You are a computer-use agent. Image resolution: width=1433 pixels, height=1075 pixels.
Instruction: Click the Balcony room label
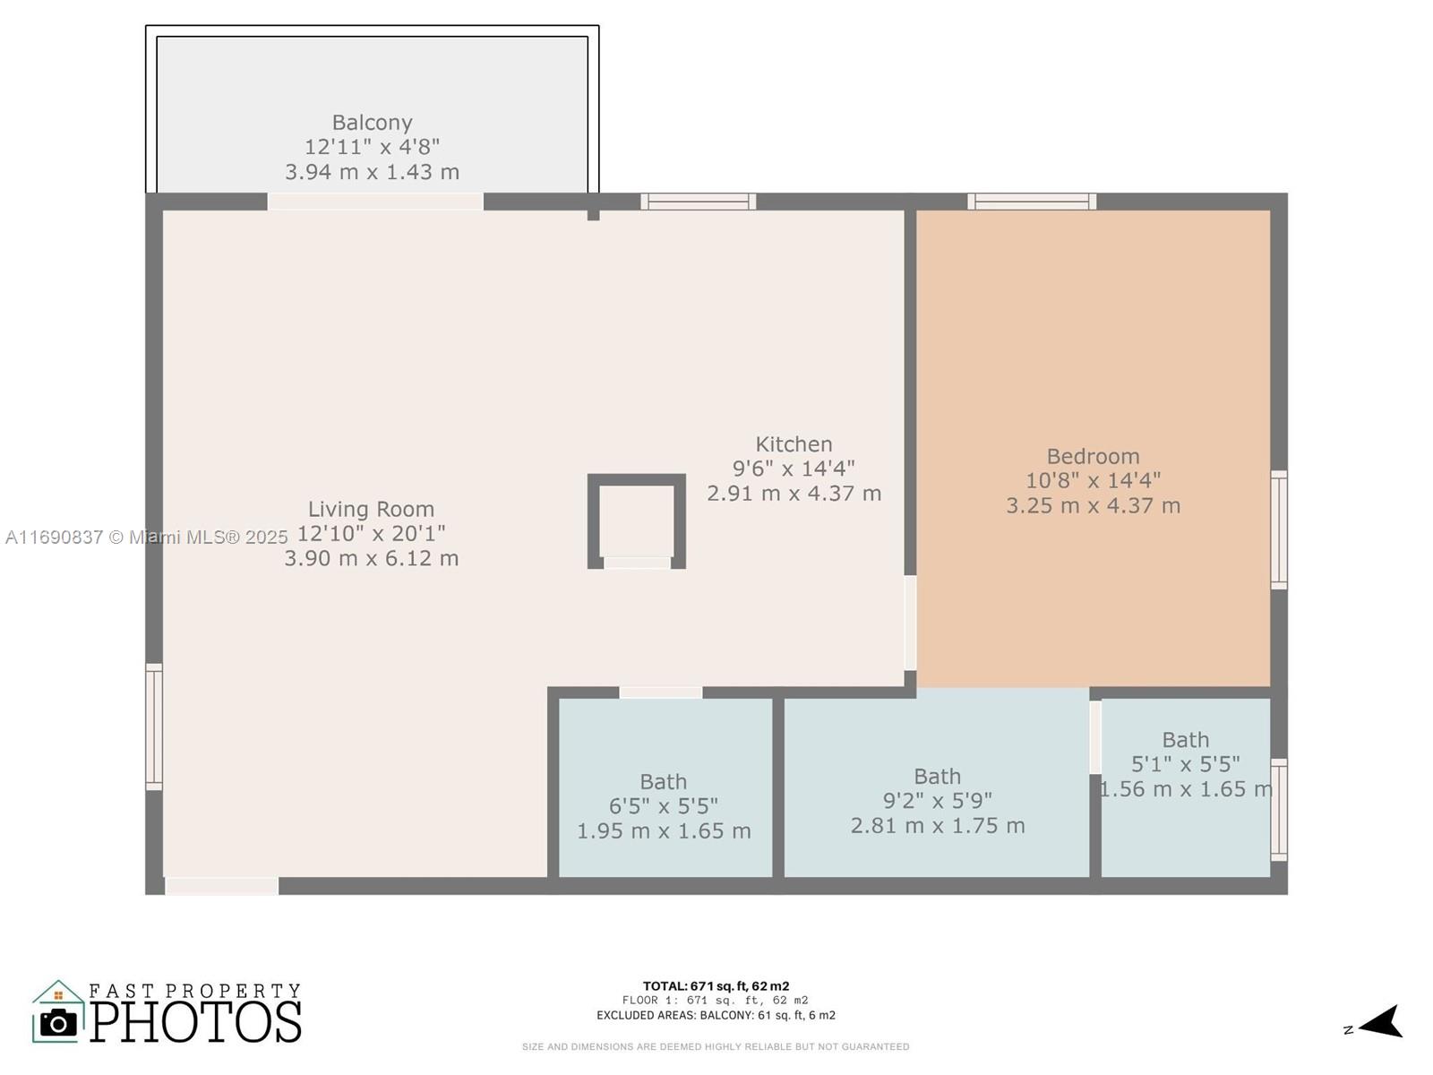[x=372, y=123]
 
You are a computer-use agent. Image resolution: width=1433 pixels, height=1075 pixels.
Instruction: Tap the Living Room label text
[x=371, y=509]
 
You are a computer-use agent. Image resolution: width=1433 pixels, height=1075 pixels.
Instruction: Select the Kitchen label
[x=794, y=444]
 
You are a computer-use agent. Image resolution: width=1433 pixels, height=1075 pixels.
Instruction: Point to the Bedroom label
[x=1093, y=456]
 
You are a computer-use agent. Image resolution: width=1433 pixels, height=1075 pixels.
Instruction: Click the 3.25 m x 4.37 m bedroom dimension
[x=1093, y=506]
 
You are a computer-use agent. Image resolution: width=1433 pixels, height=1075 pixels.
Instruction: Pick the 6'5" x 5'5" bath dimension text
[x=664, y=806]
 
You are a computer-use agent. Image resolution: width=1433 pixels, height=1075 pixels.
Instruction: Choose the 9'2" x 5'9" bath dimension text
[x=938, y=801]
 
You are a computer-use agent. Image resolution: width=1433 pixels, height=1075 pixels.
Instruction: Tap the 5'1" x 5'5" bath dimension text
[x=1186, y=764]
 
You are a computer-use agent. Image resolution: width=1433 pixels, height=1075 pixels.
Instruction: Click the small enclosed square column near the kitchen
[x=637, y=520]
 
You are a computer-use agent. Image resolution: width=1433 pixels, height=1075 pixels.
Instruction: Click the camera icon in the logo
[x=58, y=1022]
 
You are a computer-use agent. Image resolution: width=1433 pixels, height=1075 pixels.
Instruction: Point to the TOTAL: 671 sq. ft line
[x=716, y=986]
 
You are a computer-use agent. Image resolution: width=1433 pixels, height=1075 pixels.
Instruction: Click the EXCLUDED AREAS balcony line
[x=716, y=1016]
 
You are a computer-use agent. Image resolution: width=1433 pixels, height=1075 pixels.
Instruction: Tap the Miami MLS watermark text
[x=146, y=537]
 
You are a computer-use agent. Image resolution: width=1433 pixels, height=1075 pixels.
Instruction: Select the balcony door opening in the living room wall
[x=375, y=201]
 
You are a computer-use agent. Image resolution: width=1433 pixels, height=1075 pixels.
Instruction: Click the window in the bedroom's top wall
[x=1032, y=201]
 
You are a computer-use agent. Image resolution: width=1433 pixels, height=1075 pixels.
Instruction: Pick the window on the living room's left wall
[x=154, y=727]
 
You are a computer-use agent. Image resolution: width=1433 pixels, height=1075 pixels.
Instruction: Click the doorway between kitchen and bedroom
[x=911, y=623]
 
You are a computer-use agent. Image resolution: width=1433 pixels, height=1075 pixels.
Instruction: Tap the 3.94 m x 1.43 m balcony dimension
[x=372, y=172]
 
